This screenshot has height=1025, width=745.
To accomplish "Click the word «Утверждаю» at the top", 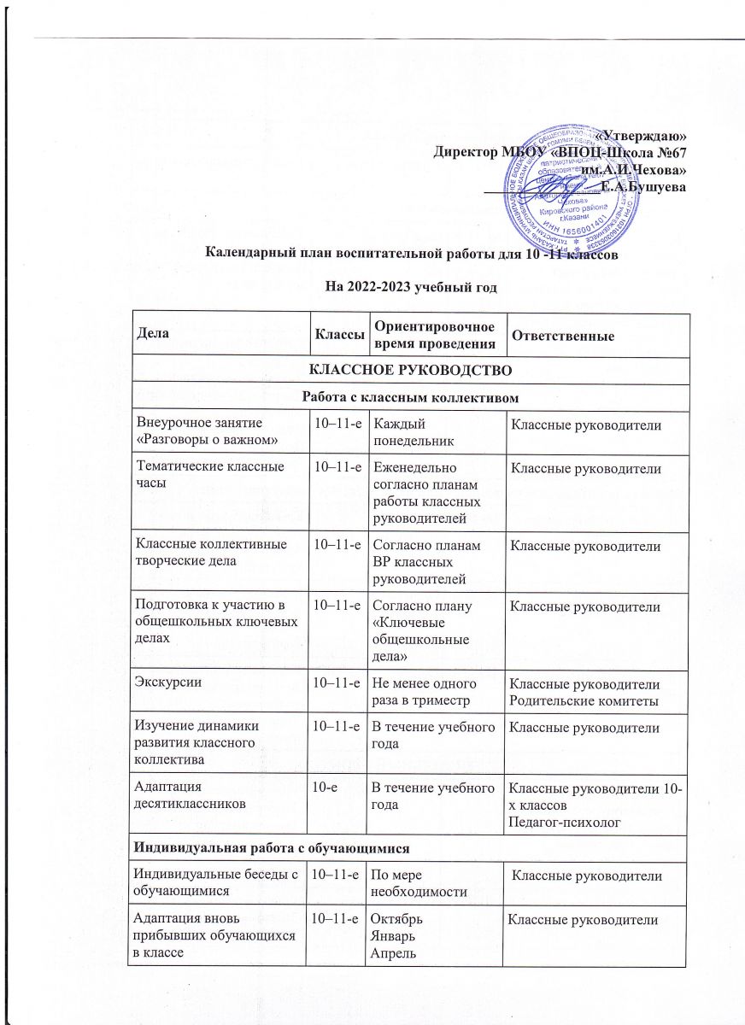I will point(642,136).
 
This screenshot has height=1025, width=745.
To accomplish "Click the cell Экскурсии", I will point(167,681).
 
